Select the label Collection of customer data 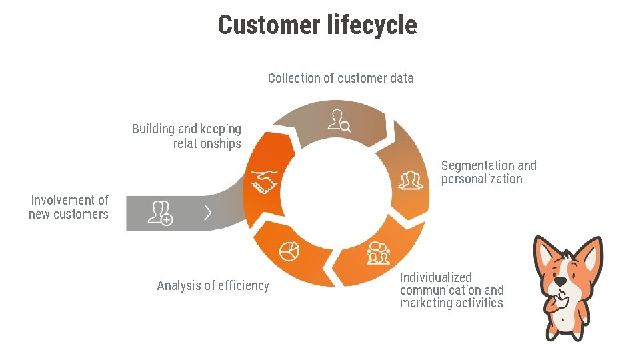point(340,78)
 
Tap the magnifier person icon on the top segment point(339,121)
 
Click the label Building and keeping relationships point(187,136)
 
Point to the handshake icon point(263,181)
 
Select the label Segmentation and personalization point(488,172)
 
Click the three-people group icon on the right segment point(411,180)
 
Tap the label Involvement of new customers point(69,207)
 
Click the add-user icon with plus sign point(160,213)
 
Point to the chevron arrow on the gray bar point(208,213)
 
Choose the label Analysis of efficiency point(213,285)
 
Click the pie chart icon point(289,251)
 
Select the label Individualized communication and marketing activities point(451,290)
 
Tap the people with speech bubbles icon point(377,253)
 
